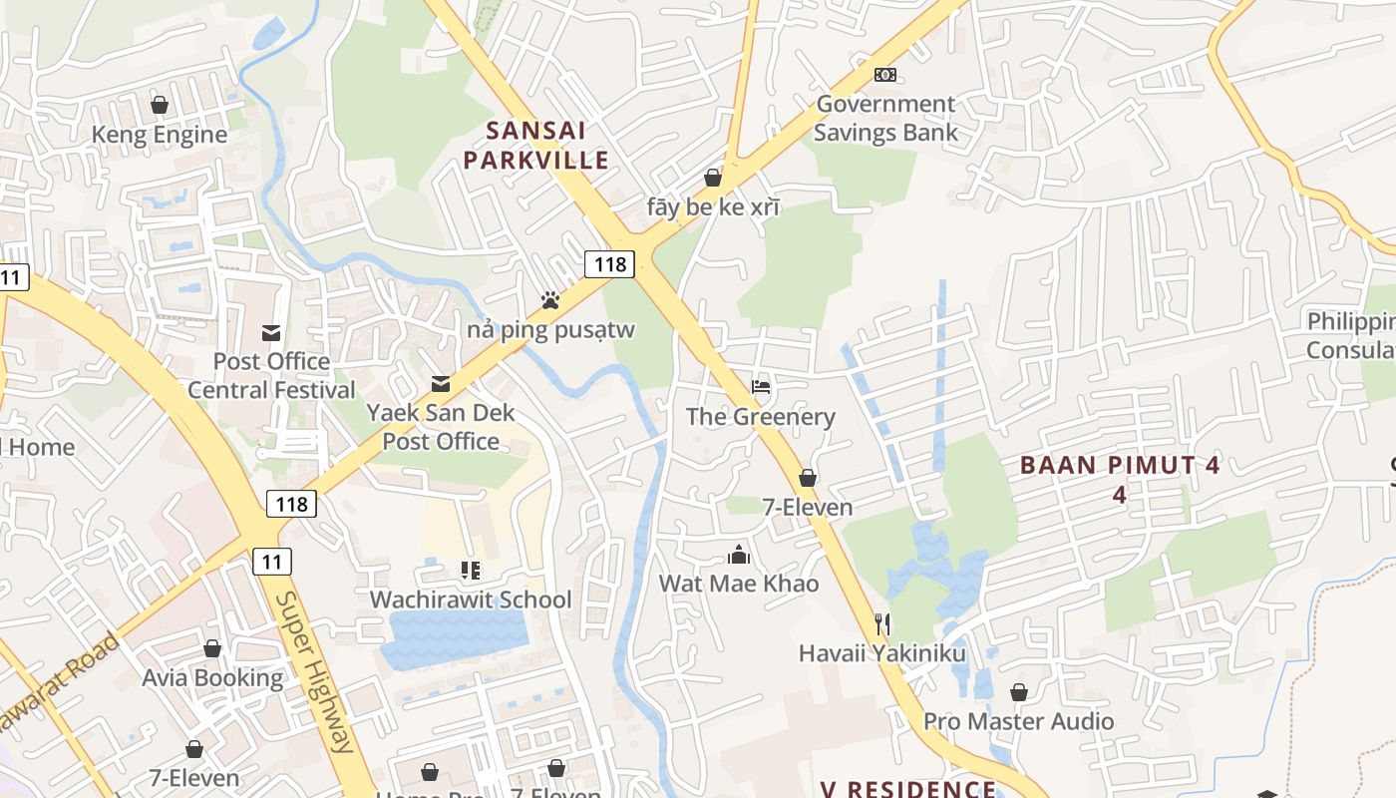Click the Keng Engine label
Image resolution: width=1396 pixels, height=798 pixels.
[160, 135]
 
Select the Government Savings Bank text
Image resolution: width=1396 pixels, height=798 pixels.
[885, 118]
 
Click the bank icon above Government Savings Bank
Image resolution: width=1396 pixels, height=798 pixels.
[885, 75]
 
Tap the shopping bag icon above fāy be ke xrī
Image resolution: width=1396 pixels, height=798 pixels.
[713, 178]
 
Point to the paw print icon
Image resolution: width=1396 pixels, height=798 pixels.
[549, 299]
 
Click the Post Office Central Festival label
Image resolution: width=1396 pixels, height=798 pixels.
[271, 375]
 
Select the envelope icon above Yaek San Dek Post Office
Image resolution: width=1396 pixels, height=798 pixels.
[440, 384]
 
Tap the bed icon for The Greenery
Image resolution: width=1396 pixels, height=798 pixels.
[761, 387]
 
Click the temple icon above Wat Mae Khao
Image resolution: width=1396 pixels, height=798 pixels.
[739, 555]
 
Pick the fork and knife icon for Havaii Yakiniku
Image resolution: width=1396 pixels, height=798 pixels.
[882, 624]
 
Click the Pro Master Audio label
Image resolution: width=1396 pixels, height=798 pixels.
[1018, 721]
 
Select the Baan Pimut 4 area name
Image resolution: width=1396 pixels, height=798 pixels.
[1120, 479]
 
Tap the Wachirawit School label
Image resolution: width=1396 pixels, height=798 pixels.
[471, 599]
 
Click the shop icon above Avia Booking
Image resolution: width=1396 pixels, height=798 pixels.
[212, 648]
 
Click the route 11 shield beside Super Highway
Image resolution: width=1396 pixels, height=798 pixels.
[272, 562]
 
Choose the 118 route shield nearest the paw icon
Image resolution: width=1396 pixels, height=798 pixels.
[608, 263]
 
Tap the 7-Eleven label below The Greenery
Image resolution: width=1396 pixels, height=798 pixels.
[808, 507]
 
